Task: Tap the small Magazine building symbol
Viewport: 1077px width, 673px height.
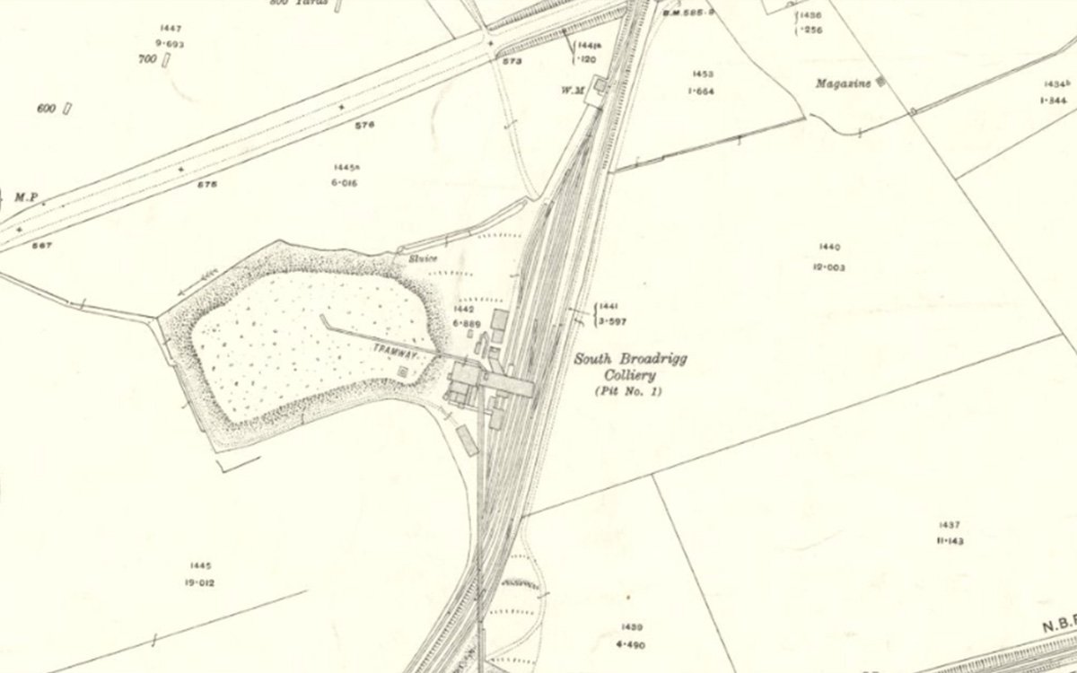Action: point(880,82)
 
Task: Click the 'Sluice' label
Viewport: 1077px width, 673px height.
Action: point(424,259)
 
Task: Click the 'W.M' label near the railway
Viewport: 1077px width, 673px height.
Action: point(574,90)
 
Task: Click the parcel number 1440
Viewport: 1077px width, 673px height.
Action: point(829,246)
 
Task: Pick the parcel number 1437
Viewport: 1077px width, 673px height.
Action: point(949,524)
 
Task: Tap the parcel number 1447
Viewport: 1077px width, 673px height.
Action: point(168,30)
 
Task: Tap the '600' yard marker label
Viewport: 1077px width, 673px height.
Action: point(47,109)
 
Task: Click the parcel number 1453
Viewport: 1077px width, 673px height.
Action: point(703,73)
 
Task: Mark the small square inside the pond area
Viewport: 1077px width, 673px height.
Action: point(401,371)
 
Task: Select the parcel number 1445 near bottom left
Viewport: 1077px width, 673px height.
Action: point(199,565)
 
